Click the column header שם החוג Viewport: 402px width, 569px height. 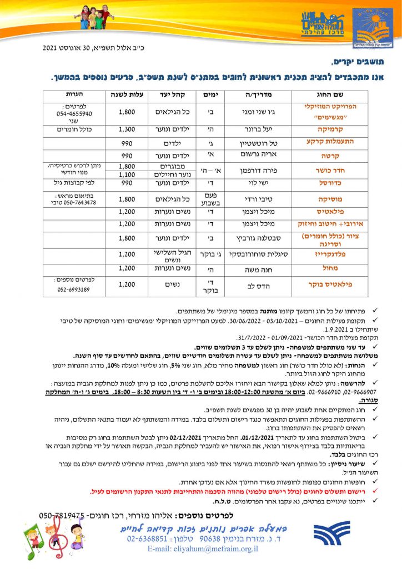click(x=319, y=93)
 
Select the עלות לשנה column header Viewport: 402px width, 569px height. click(x=128, y=93)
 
